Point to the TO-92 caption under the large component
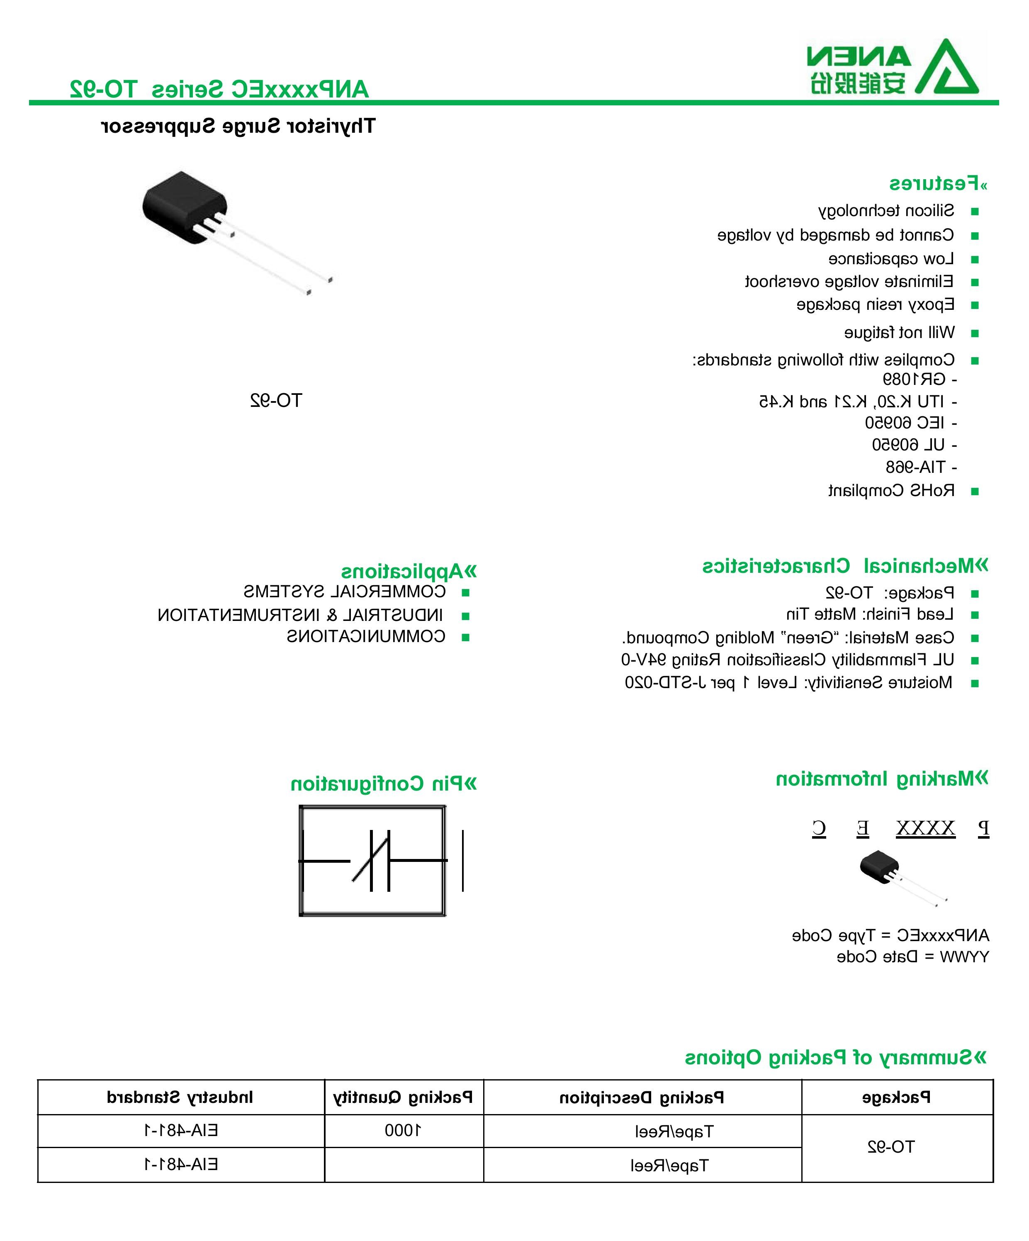[x=275, y=401]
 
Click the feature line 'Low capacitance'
[x=891, y=259]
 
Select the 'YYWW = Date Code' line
[x=912, y=957]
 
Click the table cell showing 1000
[x=403, y=1131]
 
